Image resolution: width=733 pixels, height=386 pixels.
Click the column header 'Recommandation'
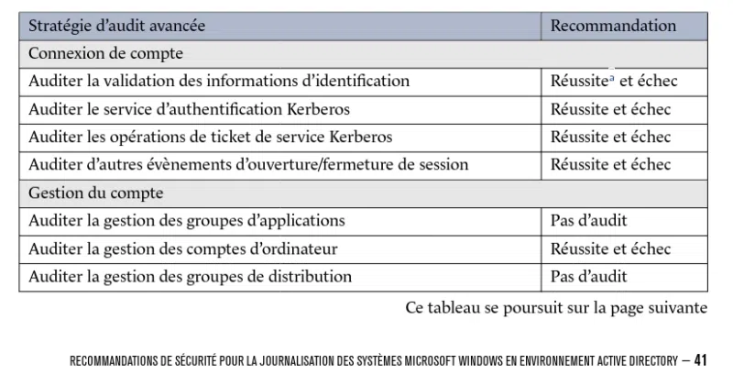pyautogui.click(x=613, y=26)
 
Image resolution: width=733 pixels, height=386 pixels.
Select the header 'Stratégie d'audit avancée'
pyautogui.click(x=117, y=26)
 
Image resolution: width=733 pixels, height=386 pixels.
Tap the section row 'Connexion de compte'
pyautogui.click(x=106, y=53)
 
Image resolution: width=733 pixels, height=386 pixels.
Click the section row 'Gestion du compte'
pyautogui.click(x=96, y=193)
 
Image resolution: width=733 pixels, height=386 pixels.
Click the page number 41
pyautogui.click(x=700, y=360)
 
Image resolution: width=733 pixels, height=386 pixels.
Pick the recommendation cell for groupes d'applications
pyautogui.click(x=588, y=221)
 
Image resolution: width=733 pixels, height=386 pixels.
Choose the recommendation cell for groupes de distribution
pyautogui.click(x=588, y=276)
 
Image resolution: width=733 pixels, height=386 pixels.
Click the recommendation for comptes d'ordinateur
pyautogui.click(x=610, y=248)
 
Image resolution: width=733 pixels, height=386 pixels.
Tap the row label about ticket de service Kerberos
pyautogui.click(x=211, y=137)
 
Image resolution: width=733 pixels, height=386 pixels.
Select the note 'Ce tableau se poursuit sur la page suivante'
pyautogui.click(x=556, y=307)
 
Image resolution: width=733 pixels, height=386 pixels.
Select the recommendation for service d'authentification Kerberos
pyautogui.click(x=610, y=109)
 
